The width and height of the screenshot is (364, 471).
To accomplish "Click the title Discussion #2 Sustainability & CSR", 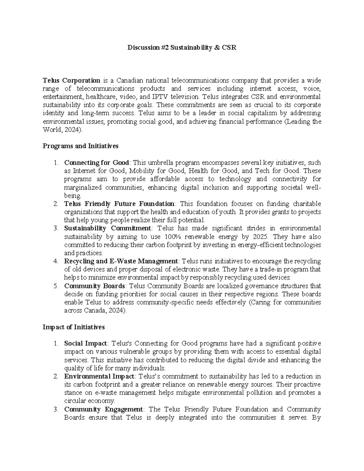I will pyautogui.click(x=182, y=48).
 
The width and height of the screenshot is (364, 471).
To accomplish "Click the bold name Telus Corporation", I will pyautogui.click(x=72, y=80).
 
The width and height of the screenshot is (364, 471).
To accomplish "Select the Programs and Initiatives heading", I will pyautogui.click(x=80, y=146).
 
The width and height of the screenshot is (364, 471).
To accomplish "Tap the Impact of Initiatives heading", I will pyautogui.click(x=74, y=327).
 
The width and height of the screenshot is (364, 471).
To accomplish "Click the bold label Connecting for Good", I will pyautogui.click(x=96, y=163).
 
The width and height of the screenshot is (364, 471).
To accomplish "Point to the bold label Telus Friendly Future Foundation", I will pyautogui.click(x=119, y=204).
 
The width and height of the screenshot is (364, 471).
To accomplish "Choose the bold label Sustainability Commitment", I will pyautogui.click(x=107, y=228).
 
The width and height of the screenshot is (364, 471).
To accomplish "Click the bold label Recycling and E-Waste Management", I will pyautogui.click(x=121, y=261).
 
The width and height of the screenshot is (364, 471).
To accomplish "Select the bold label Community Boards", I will pyautogui.click(x=94, y=286).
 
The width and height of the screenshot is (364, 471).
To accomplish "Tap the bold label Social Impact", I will pyautogui.click(x=86, y=343).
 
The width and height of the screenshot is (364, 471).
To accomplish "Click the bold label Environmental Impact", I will pyautogui.click(x=99, y=376).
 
